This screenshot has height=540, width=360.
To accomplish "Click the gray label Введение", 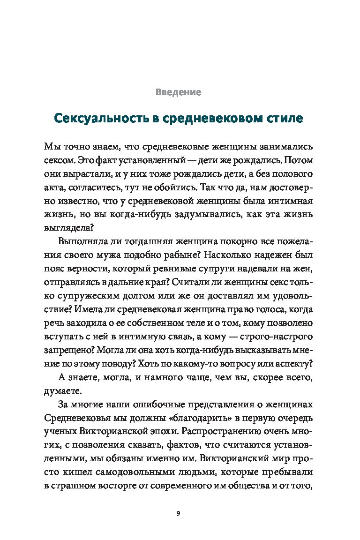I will [x=178, y=92].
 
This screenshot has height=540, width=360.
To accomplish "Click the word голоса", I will [x=272, y=311].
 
